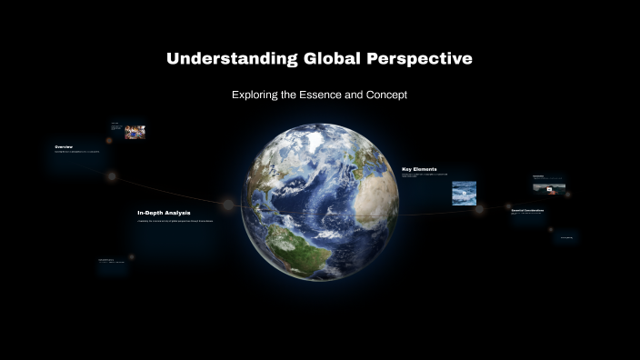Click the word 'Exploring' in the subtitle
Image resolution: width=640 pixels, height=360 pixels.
coord(256,95)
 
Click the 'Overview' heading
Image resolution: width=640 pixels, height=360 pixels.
coord(64,146)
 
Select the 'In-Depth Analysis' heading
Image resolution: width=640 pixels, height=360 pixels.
coord(164,213)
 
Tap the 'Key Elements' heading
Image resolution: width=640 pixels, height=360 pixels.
coord(419,169)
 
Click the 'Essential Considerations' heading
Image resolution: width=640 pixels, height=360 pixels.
coord(527,210)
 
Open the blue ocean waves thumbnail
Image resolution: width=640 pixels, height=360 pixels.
coord(464,193)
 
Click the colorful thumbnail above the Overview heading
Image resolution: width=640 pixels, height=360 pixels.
coord(135,132)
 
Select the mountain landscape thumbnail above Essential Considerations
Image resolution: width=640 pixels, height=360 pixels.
coord(549,188)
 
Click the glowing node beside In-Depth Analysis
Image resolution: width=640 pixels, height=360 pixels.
coord(228,205)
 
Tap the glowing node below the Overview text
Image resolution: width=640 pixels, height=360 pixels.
coord(112,176)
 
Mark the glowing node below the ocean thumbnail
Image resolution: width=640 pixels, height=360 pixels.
coord(479,210)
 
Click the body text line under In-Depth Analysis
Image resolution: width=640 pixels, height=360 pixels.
coord(175,221)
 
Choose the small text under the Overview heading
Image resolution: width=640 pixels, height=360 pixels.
coord(76,152)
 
